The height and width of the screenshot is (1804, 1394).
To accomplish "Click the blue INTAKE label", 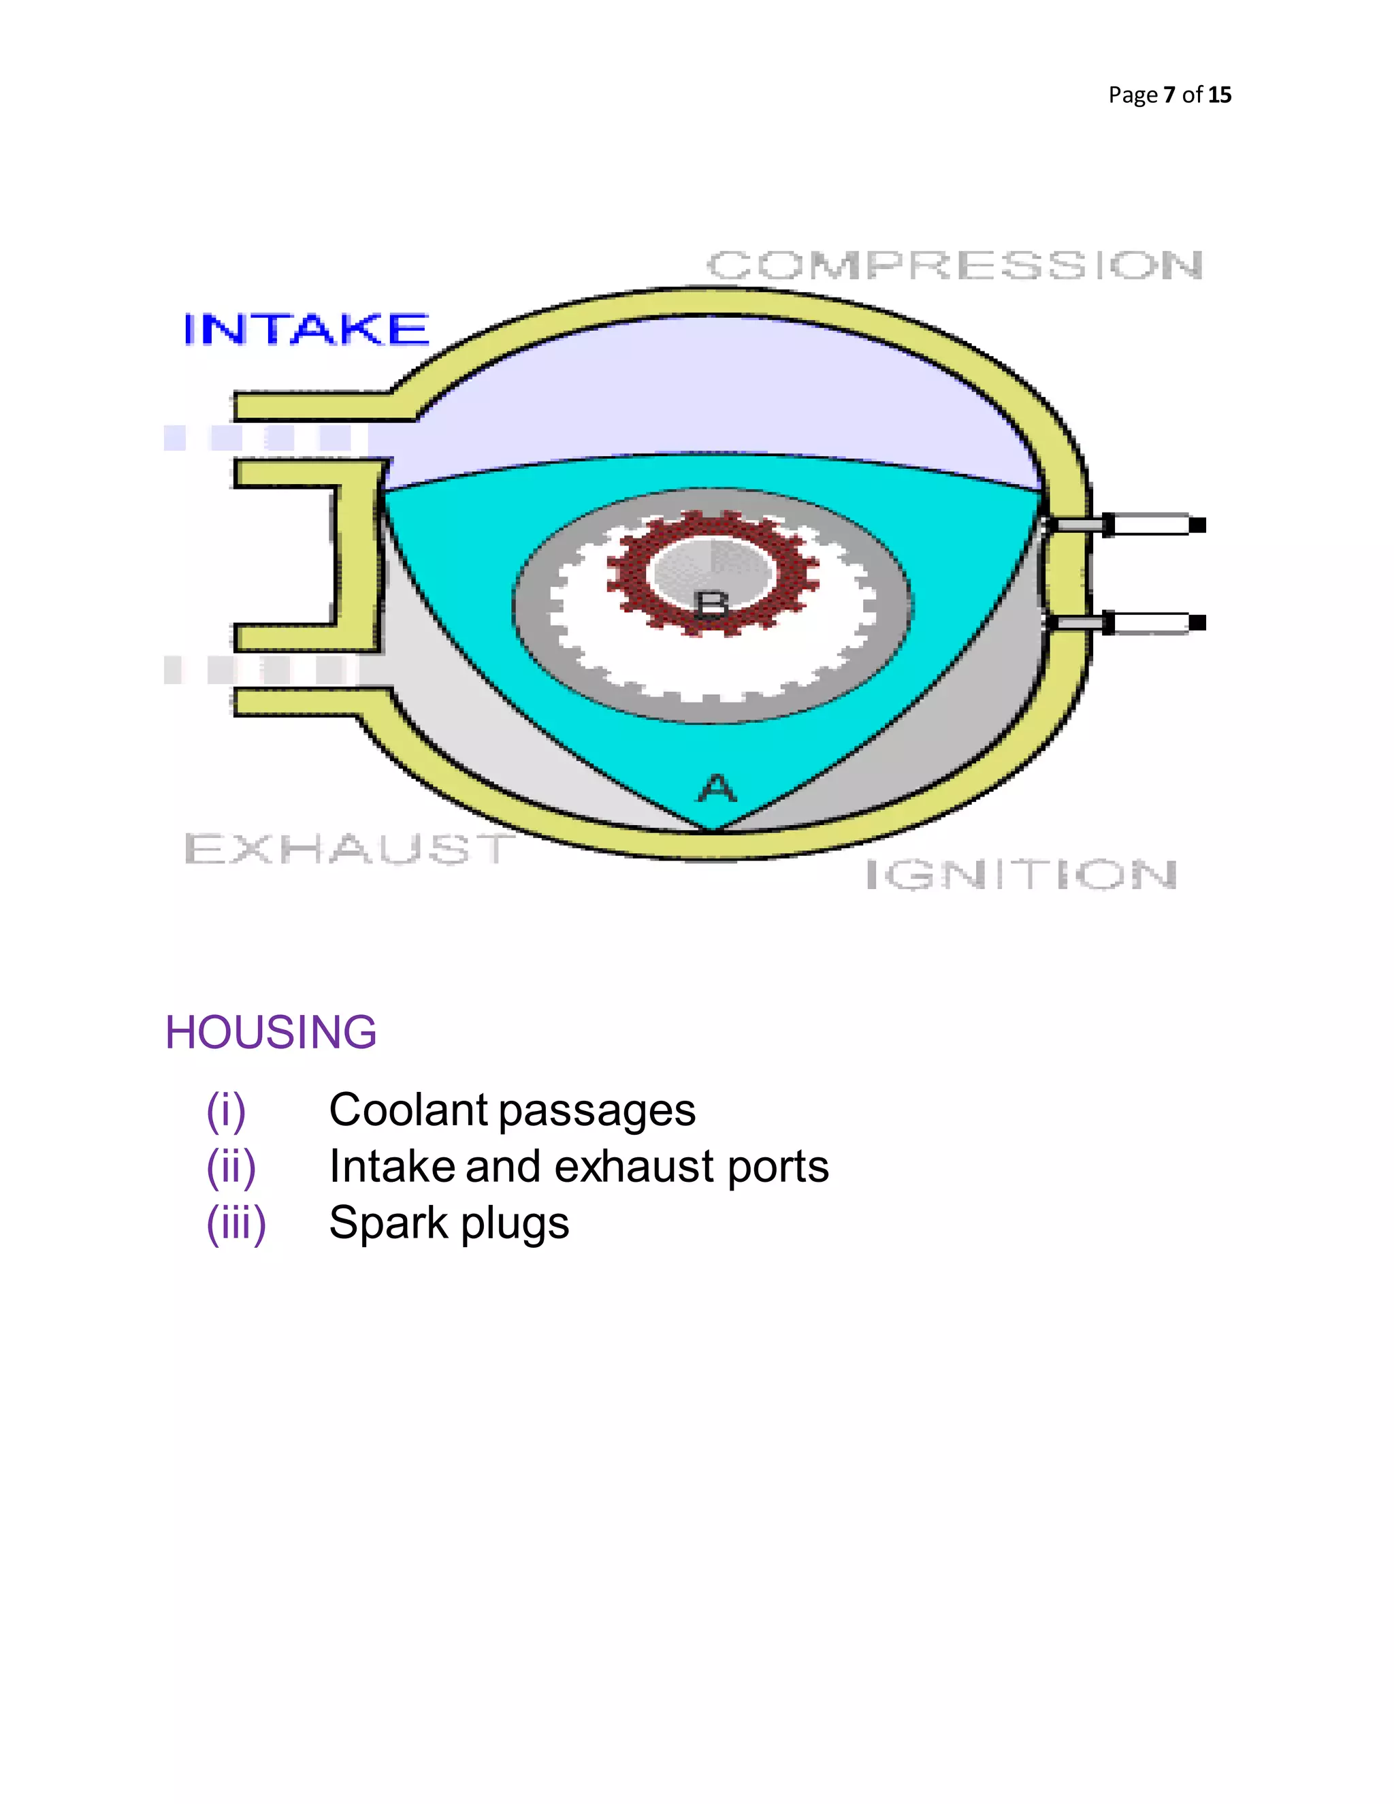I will [306, 329].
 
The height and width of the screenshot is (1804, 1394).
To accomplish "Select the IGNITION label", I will [1021, 875].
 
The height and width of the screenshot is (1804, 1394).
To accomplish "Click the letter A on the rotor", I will [716, 788].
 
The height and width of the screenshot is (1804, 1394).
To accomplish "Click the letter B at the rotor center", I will [712, 605].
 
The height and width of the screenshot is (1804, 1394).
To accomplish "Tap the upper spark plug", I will [1127, 524].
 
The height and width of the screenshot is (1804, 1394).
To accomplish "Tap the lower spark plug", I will [1127, 623].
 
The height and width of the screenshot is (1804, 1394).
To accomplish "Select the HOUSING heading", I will [271, 1033].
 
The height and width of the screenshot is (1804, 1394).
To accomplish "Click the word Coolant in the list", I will [407, 1110].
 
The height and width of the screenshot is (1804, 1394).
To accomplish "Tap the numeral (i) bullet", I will [225, 1111].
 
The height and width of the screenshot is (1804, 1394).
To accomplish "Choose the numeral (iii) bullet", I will [236, 1224].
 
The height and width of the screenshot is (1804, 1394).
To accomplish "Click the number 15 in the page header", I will [1219, 95].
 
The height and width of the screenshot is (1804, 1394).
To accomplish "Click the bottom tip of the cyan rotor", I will [712, 824].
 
